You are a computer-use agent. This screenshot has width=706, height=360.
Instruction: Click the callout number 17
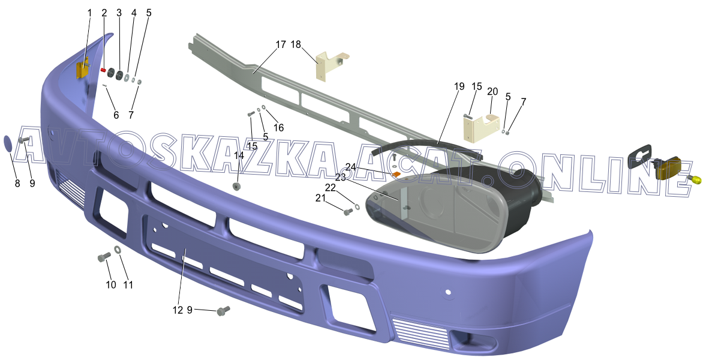(x=281, y=44)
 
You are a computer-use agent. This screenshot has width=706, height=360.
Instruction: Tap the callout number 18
(x=296, y=44)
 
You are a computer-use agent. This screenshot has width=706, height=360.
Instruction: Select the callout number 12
(x=178, y=310)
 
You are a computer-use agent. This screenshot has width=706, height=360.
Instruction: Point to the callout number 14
(x=239, y=156)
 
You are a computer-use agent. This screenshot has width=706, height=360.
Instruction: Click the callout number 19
(x=459, y=86)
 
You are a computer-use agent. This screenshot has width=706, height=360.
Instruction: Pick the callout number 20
(x=492, y=91)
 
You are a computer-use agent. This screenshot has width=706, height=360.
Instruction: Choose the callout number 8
(x=17, y=184)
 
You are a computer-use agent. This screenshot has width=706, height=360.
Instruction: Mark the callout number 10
(x=111, y=285)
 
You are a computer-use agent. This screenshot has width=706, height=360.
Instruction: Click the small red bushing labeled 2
(x=103, y=70)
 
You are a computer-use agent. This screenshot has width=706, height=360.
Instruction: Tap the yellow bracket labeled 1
(x=82, y=70)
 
